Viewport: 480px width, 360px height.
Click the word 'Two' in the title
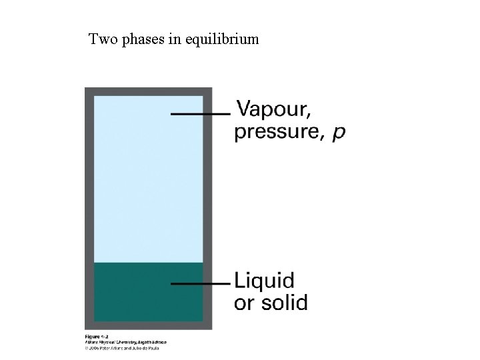[x=102, y=39]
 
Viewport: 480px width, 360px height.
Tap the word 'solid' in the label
[x=283, y=303]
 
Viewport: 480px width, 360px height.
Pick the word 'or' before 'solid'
[x=244, y=303]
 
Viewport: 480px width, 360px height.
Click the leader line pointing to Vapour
[x=200, y=114]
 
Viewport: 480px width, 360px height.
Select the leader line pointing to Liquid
[x=200, y=283]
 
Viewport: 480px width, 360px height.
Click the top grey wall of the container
[x=148, y=91]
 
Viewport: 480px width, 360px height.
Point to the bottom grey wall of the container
[x=148, y=325]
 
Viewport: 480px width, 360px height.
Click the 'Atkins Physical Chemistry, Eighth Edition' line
[x=125, y=342]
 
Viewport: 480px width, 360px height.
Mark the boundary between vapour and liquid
[x=148, y=263]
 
